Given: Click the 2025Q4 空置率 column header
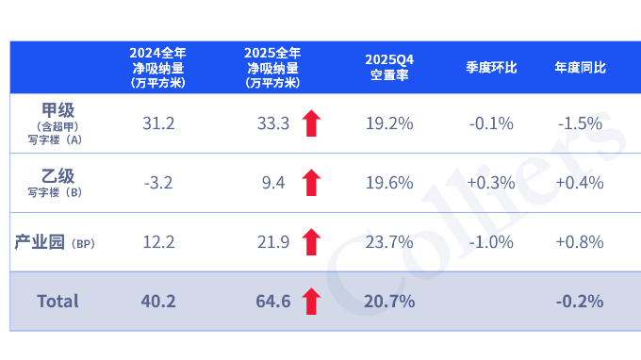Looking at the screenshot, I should pyautogui.click(x=389, y=68).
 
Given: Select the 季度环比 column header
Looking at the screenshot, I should pyautogui.click(x=491, y=68).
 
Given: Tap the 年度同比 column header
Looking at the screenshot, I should pyautogui.click(x=580, y=68).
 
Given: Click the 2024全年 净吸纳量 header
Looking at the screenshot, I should pyautogui.click(x=157, y=68).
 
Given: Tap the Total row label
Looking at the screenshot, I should pyautogui.click(x=58, y=302).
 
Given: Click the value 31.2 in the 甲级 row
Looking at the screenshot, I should pyautogui.click(x=157, y=123).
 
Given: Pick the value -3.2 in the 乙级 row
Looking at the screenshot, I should pyautogui.click(x=157, y=183).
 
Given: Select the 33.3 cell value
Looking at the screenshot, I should pyautogui.click(x=272, y=123).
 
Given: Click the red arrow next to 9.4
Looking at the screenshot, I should pyautogui.click(x=311, y=183).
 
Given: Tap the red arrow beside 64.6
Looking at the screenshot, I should pyautogui.click(x=311, y=302).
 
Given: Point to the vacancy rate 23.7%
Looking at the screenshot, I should pyautogui.click(x=389, y=242).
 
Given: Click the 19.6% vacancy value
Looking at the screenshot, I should pyautogui.click(x=389, y=183).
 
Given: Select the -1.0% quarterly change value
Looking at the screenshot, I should pyautogui.click(x=491, y=242).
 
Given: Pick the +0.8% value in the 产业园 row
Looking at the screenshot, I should pyautogui.click(x=580, y=242).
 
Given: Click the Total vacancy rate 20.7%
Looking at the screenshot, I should pyautogui.click(x=389, y=302).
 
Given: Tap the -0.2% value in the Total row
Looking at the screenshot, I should pyautogui.click(x=580, y=302).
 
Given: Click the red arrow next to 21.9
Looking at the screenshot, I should pyautogui.click(x=311, y=242).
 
